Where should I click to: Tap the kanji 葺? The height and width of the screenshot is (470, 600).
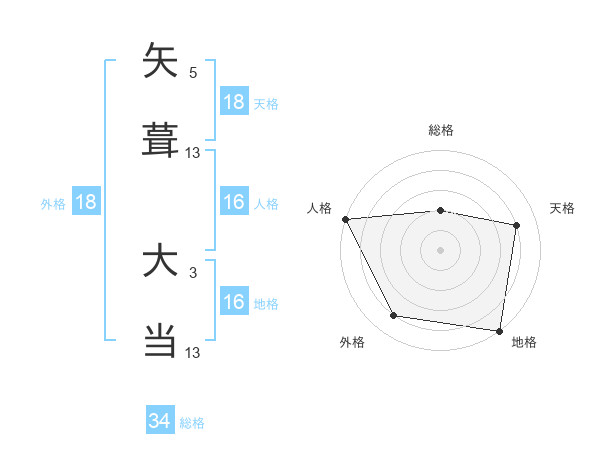pyautogui.click(x=160, y=141)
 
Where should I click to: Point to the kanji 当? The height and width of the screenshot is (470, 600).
pyautogui.click(x=160, y=341)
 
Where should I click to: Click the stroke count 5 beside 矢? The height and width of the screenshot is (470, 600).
pyautogui.click(x=193, y=72)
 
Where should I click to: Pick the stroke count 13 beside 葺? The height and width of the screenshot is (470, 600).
pyautogui.click(x=193, y=152)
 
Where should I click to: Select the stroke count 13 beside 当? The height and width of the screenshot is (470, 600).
pyautogui.click(x=193, y=352)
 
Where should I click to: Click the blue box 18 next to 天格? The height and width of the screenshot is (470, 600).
pyautogui.click(x=234, y=102)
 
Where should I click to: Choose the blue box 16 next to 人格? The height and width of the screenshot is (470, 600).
pyautogui.click(x=234, y=202)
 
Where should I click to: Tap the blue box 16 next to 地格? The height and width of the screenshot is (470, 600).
pyautogui.click(x=234, y=302)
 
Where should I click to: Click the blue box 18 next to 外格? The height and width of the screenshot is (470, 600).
pyautogui.click(x=86, y=202)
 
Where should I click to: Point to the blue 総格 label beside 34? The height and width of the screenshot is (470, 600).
pyautogui.click(x=192, y=423)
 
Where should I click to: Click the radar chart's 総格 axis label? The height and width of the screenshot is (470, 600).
pyautogui.click(x=441, y=130)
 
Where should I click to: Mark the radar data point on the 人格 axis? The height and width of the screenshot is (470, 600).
pyautogui.click(x=345, y=219)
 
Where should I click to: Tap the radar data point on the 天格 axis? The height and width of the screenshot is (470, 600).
pyautogui.click(x=517, y=225)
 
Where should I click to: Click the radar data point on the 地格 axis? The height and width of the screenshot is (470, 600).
pyautogui.click(x=499, y=330)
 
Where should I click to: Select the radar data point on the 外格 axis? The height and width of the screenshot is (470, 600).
pyautogui.click(x=394, y=316)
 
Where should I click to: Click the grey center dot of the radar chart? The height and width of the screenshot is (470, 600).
pyautogui.click(x=441, y=250)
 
